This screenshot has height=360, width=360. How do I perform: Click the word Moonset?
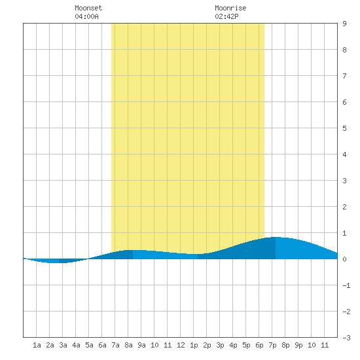88,8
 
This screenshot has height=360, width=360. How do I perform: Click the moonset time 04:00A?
86,16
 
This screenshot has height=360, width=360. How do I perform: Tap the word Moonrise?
230,8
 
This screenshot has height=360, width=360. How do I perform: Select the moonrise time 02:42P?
226,16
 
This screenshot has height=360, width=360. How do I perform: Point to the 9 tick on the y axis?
344,24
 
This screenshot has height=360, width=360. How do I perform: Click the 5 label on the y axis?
344,128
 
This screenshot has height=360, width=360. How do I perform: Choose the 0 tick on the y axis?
344,259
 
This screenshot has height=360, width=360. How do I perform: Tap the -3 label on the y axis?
346,338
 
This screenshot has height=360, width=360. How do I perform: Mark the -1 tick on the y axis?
346,285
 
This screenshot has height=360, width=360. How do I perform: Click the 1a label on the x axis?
37,345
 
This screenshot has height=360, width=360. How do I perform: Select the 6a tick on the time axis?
102,345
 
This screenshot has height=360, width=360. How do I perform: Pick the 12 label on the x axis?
181,345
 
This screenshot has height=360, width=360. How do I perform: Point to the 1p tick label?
194,345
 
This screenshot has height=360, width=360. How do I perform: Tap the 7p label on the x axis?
272,345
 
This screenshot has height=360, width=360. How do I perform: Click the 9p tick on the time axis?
298,345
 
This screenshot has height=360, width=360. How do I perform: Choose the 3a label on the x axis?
63,345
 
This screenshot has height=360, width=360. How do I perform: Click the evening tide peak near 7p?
276,237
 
